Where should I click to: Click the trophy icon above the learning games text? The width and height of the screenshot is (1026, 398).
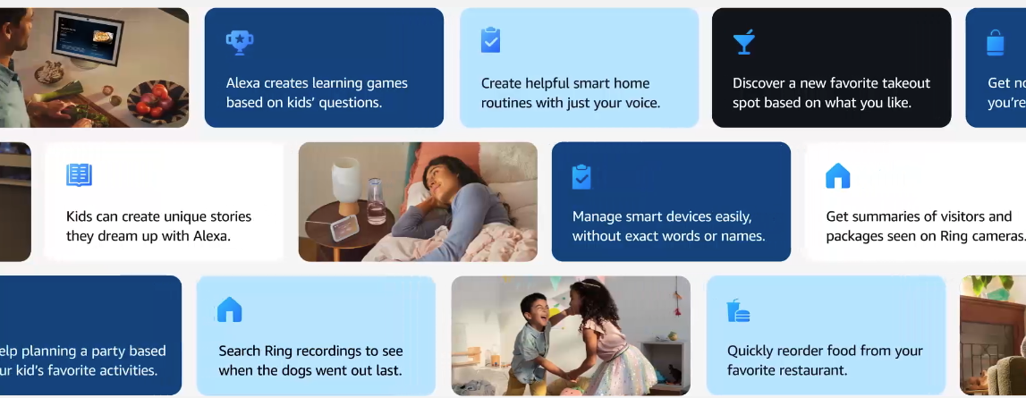tap(239, 41)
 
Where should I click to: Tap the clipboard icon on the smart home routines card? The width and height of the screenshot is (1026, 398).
tap(490, 40)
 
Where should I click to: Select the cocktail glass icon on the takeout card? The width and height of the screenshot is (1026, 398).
tap(743, 41)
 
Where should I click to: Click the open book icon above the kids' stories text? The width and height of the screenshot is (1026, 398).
tap(80, 174)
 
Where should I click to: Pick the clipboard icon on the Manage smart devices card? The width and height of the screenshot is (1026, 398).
tap(581, 176)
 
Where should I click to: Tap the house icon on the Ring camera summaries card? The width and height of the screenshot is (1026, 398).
tap(837, 175)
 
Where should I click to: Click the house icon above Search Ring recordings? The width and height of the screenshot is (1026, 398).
tap(230, 309)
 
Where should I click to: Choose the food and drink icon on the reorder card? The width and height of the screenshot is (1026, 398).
tap(738, 310)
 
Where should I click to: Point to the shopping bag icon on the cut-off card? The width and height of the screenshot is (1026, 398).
tap(996, 42)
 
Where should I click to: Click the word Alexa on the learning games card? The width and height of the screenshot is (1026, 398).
tap(242, 83)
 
